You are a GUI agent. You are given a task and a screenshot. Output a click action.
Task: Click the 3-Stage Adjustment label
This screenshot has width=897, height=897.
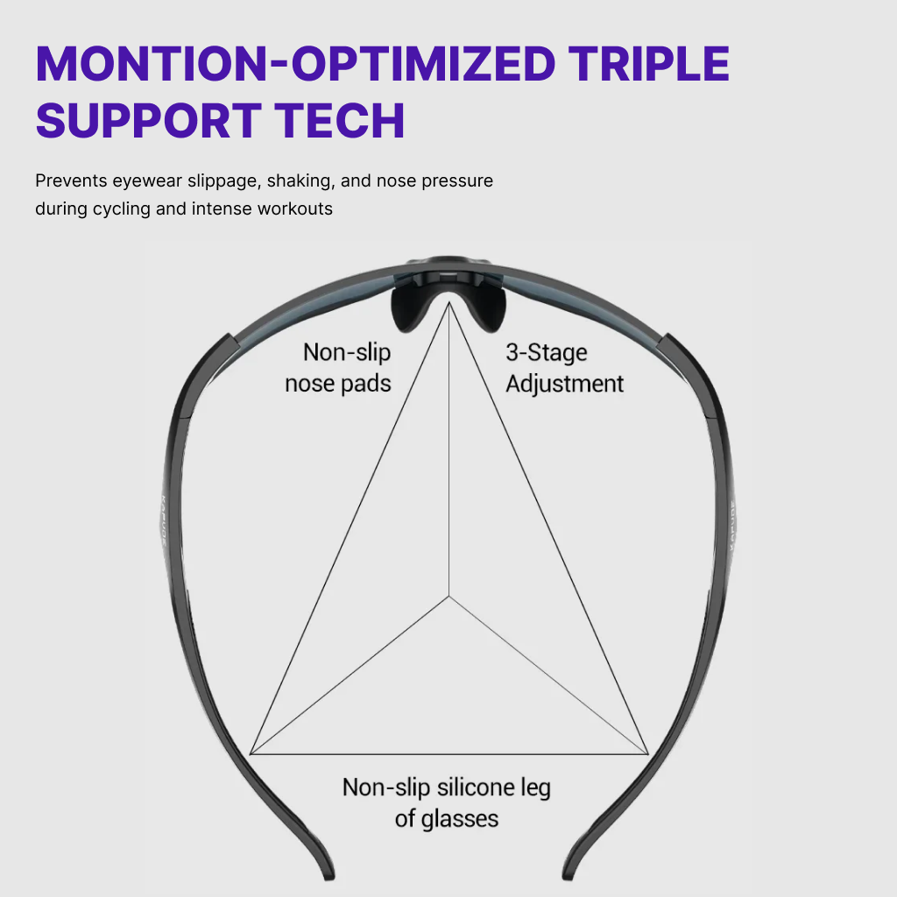[564, 368]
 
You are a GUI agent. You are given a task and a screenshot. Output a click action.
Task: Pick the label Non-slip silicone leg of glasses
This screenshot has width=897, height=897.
[447, 802]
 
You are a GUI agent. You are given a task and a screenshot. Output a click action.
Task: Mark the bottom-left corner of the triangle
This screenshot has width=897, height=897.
[251, 753]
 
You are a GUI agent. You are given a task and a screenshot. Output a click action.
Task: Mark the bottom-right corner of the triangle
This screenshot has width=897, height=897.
[648, 753]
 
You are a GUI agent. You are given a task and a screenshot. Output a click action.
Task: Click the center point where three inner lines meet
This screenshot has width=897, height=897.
[449, 597]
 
